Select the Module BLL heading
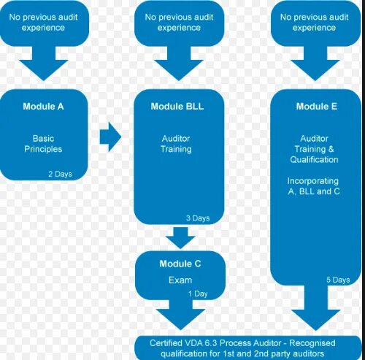[x=177, y=106]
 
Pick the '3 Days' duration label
[x=197, y=218]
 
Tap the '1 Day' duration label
[x=199, y=294]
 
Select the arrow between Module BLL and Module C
[x=177, y=237]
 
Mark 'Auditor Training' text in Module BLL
[x=177, y=143]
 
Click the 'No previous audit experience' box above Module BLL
[x=178, y=22]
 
